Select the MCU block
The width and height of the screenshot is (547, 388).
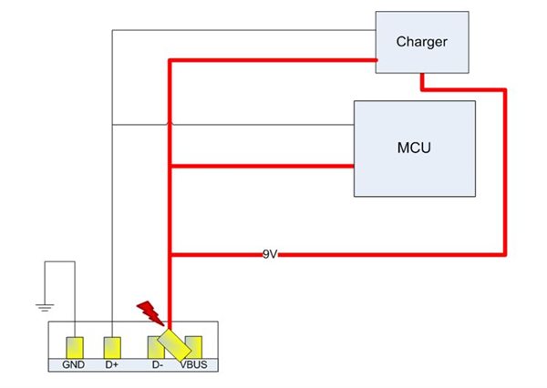tap(415, 148)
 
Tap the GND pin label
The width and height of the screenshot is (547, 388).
tap(74, 364)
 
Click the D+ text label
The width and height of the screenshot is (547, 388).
tap(112, 364)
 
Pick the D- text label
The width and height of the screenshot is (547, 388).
tap(156, 364)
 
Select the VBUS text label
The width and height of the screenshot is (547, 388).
tap(193, 364)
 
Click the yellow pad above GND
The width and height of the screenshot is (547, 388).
tap(74, 347)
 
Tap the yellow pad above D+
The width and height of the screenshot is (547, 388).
tap(112, 347)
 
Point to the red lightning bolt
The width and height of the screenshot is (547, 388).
tap(150, 312)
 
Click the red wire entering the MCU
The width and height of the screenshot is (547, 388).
tap(273, 166)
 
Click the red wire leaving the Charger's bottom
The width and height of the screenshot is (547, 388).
tap(422, 82)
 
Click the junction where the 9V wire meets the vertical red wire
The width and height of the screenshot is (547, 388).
tap(170, 255)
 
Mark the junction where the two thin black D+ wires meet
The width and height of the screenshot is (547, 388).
tap(112, 124)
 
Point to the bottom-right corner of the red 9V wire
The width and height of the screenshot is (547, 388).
tap(503, 255)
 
